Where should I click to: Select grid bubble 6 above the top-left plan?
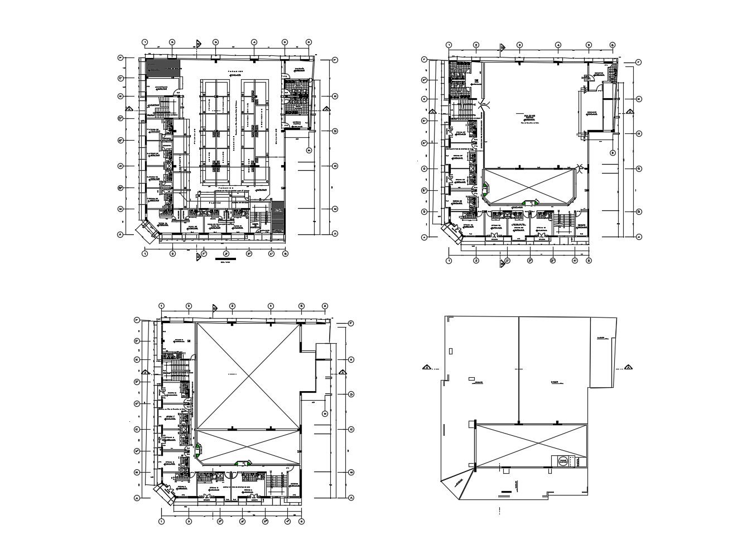[309, 42]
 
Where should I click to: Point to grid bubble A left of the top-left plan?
[119, 234]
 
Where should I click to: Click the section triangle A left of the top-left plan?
[129, 109]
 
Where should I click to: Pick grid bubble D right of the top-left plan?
[335, 131]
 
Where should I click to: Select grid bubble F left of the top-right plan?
[424, 59]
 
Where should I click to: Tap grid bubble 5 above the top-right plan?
[589, 45]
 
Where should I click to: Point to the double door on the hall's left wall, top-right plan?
[483, 104]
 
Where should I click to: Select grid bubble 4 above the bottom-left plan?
[270, 306]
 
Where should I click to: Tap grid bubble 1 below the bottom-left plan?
[161, 521]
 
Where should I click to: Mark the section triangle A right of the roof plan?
[628, 367]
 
